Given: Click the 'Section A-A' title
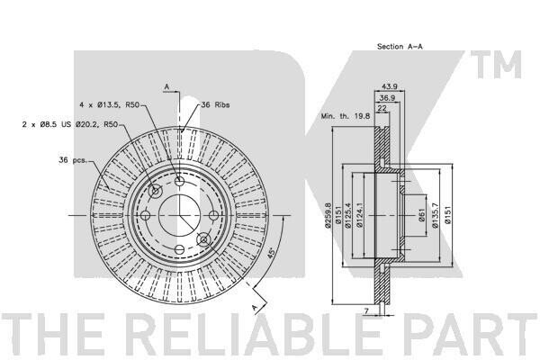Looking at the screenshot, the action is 400,46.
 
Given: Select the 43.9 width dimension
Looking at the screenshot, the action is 390,86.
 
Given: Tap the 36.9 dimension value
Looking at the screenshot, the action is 387,98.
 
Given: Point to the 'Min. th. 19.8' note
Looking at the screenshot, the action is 346,116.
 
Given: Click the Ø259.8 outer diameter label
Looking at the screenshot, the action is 328,215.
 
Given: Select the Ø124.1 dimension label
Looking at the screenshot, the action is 359,215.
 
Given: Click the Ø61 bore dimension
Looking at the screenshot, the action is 422,215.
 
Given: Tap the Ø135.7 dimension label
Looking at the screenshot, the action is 435,215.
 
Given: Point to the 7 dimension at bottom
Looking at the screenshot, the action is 366,310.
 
